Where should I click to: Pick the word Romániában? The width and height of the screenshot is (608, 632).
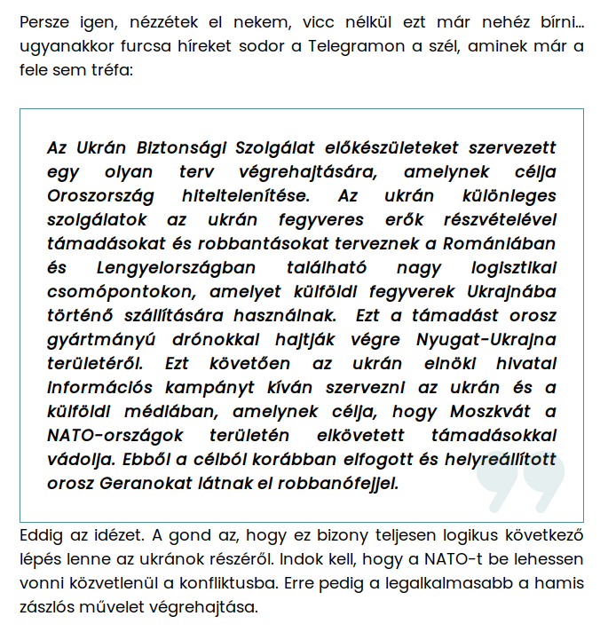coord(504,243)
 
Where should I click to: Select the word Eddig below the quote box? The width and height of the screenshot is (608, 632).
coord(42,537)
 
